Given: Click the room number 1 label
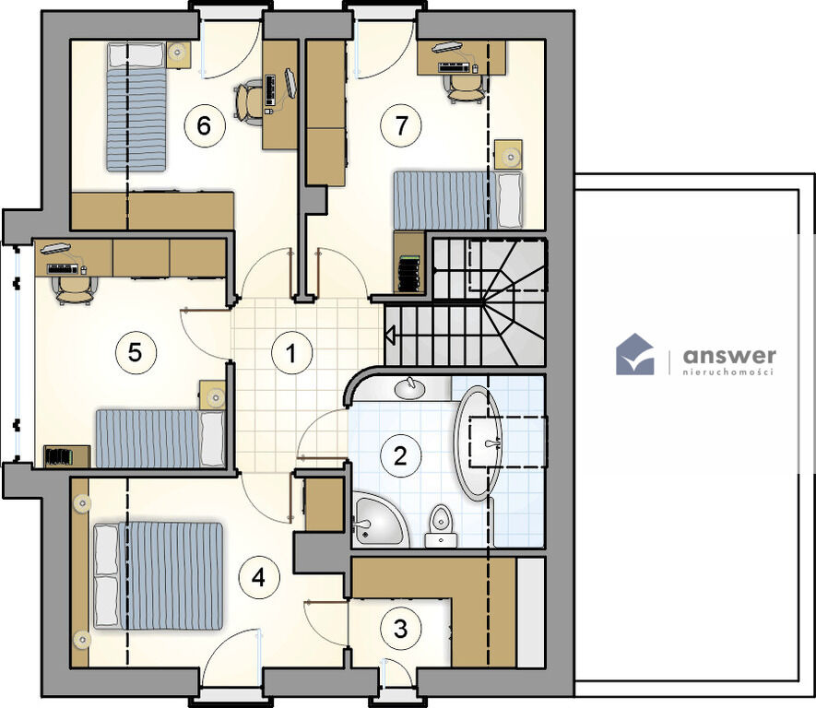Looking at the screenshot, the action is point(292,353).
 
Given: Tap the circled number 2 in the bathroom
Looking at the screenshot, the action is point(400,455).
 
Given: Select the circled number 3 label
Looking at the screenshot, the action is point(400,629).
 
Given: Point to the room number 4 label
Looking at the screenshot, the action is point(259,577).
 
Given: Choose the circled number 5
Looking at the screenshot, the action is point(135,353).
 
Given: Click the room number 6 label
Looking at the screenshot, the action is point(204,125).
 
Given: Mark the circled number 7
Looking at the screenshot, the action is point(401,125).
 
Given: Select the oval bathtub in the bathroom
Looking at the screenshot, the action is point(478,443).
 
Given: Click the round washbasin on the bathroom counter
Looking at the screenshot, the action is point(409,387).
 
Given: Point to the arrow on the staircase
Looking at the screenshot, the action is point(390,333).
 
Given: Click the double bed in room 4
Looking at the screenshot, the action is point(159,576).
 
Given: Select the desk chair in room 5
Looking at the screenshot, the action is point(76,289).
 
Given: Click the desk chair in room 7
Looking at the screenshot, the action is point(466,88).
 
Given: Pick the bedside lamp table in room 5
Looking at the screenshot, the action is point(213,395).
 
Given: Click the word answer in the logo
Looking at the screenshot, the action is point(729,356).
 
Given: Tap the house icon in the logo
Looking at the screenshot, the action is point(635,354).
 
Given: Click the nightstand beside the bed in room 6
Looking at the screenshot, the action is point(178,54).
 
